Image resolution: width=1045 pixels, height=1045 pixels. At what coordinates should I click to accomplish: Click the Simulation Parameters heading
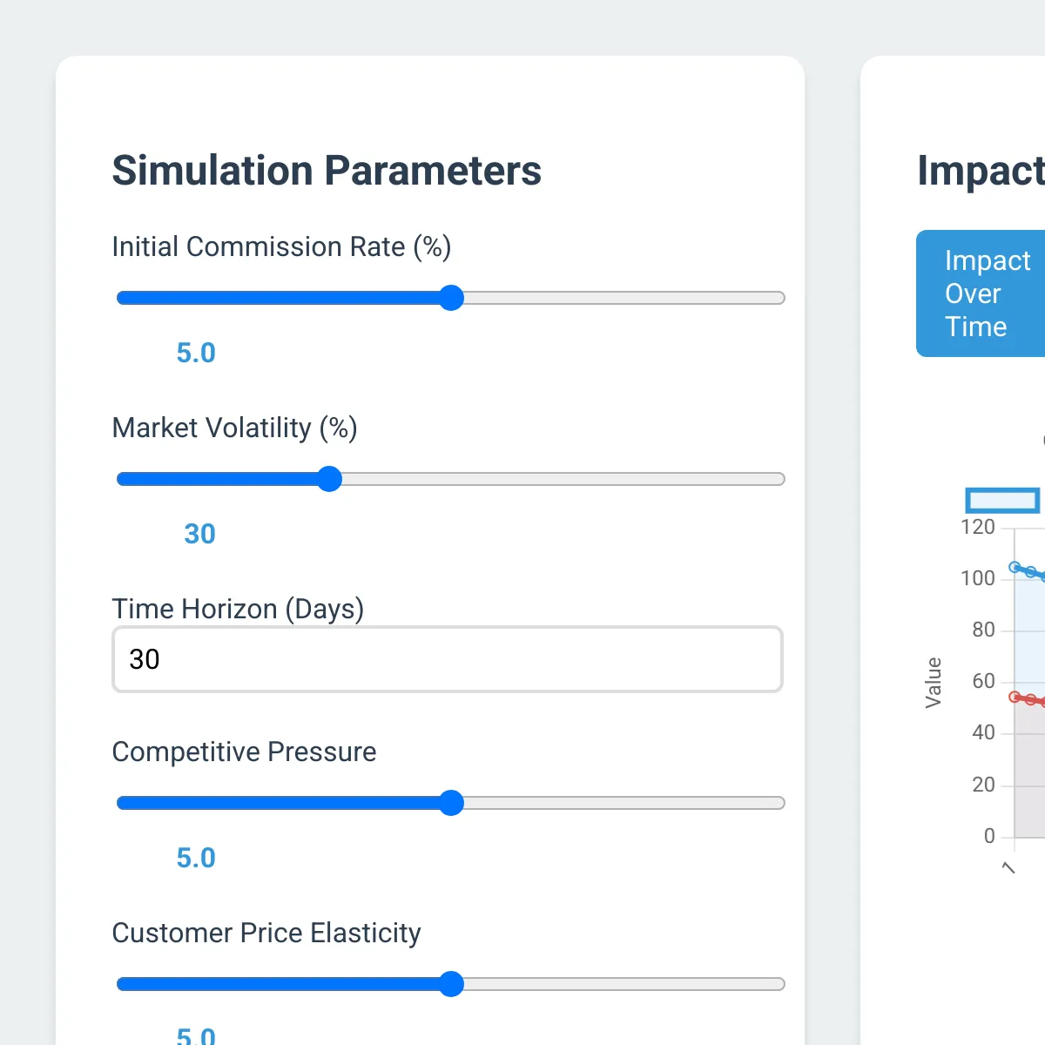[x=327, y=171]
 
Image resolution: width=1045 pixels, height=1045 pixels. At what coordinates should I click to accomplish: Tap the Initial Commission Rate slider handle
[x=451, y=298]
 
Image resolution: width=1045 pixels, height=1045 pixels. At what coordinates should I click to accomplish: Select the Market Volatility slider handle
[x=329, y=479]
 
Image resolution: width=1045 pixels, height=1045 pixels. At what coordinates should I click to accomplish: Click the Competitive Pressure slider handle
[x=451, y=803]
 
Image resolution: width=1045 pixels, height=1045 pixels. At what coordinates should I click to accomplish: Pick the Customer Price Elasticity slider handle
[x=451, y=984]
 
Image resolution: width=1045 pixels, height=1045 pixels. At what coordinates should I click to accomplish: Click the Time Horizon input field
[x=448, y=659]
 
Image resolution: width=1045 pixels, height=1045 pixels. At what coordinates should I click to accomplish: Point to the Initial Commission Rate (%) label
[x=281, y=247]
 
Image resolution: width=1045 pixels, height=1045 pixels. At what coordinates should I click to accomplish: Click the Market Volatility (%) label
[x=234, y=428]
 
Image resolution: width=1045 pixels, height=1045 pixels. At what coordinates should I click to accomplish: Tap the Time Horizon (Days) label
[x=238, y=609]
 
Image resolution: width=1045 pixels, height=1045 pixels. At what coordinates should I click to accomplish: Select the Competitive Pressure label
[x=244, y=752]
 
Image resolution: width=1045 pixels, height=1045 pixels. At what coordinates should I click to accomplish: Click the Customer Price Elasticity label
[x=266, y=933]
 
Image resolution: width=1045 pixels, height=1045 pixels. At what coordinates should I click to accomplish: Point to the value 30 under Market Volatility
[x=199, y=534]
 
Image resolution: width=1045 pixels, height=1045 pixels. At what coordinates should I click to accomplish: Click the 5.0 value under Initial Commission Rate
[x=196, y=353]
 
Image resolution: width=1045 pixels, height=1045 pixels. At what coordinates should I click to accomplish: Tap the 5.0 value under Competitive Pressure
[x=196, y=858]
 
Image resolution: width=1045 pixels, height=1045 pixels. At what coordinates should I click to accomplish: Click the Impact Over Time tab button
[x=981, y=293]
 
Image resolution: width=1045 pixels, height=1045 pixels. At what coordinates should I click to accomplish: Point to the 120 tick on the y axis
[x=977, y=527]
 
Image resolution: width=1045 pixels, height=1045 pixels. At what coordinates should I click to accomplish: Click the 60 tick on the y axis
[x=983, y=681]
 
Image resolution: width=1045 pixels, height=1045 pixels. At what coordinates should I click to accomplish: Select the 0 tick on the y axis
[x=989, y=836]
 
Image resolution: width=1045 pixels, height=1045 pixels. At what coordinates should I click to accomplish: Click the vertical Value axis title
[x=934, y=682]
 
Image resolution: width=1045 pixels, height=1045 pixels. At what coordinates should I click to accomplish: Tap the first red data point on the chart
[x=1015, y=697]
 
